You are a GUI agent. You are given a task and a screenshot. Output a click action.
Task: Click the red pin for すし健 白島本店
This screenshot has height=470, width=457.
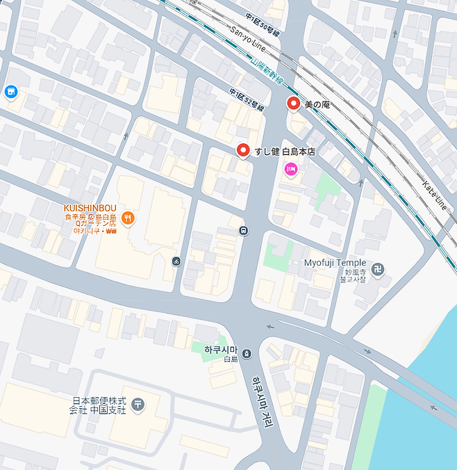point(243,150)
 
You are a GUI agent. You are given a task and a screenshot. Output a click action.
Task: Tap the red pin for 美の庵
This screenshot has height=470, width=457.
point(293,104)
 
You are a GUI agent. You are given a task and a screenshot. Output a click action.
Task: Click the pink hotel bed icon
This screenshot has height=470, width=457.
point(290,168)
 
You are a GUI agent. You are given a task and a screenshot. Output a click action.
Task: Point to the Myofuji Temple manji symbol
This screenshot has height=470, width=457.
point(377,269)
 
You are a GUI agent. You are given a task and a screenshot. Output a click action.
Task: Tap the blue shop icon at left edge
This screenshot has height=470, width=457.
point(10,91)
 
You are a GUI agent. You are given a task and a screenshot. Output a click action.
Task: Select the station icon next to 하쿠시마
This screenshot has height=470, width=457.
point(248,354)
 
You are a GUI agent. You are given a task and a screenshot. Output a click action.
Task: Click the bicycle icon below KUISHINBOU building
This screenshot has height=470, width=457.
point(176,261)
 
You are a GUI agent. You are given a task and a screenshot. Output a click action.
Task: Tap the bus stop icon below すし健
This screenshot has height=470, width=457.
point(242,230)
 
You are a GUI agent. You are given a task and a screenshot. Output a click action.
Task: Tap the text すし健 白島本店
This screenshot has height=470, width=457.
point(284,151)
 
